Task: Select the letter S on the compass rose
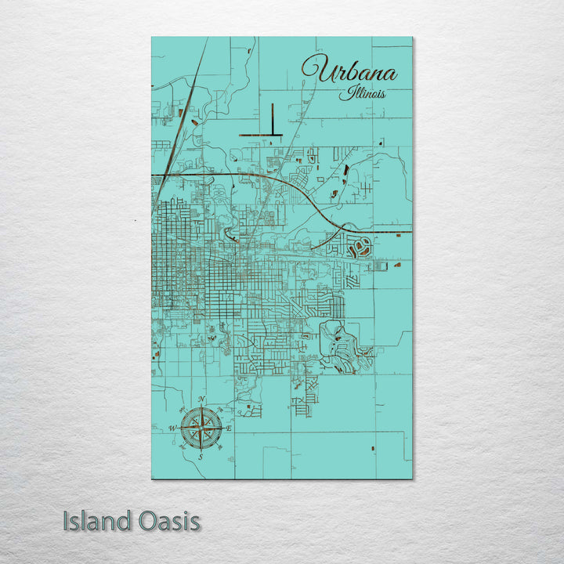tap(201, 456)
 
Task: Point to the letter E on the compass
tap(229, 429)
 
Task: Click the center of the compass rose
tap(201, 429)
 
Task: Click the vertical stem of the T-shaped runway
tap(271, 119)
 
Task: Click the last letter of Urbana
tap(391, 75)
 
